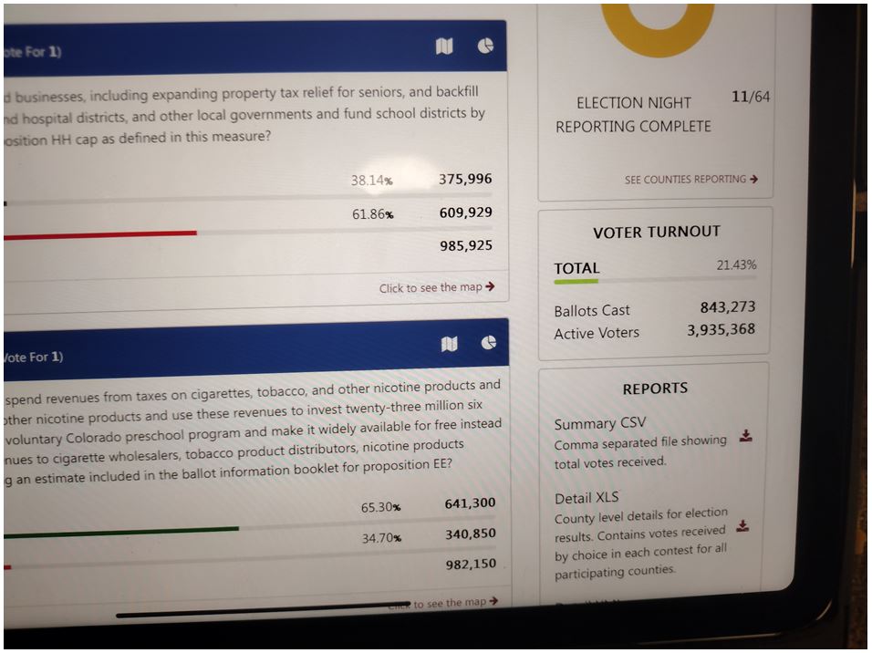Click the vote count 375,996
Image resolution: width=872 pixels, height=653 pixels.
[465, 180]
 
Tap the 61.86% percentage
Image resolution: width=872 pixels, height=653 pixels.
[372, 214]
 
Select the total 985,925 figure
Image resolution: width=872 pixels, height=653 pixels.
[465, 245]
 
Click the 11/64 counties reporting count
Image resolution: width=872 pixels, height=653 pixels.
[751, 97]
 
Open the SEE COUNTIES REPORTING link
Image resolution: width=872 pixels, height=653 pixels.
[690, 180]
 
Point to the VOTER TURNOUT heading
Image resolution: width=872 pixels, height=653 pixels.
[656, 233]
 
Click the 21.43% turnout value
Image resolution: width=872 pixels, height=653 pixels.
[736, 265]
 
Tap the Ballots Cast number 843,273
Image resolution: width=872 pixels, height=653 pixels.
[727, 307]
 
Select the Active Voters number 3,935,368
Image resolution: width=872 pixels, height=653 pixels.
[721, 329]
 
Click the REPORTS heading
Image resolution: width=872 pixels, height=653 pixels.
[655, 389]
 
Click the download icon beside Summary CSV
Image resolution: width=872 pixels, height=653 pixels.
[745, 436]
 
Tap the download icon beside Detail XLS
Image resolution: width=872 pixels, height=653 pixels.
[742, 526]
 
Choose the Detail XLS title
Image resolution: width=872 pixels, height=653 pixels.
[586, 498]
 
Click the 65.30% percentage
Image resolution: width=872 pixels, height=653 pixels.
[380, 507]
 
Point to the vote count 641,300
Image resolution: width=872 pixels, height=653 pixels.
[470, 503]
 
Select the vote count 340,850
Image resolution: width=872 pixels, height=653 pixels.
[470, 534]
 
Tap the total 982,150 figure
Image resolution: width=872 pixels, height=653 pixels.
[471, 565]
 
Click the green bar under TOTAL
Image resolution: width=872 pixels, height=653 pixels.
[576, 282]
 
